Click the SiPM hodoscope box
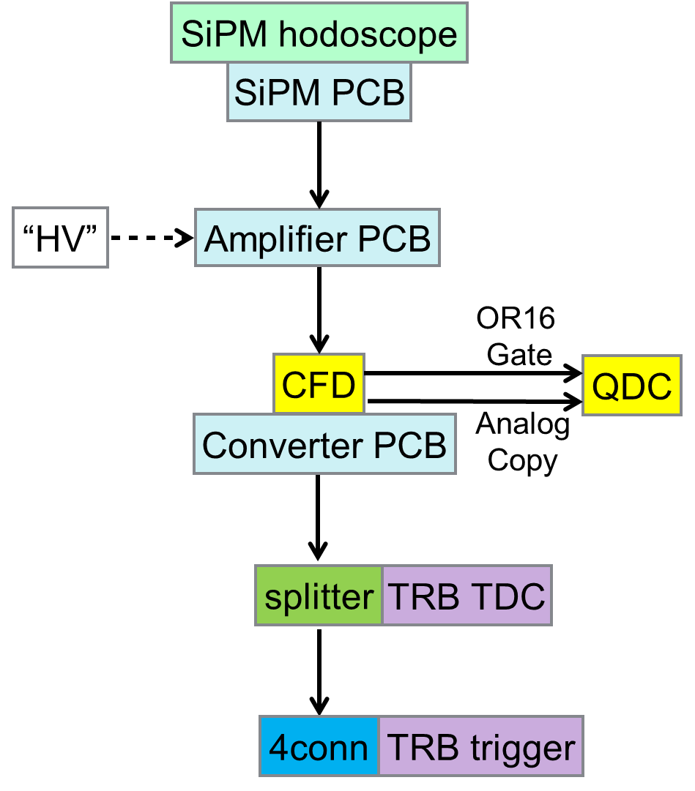tap(319, 33)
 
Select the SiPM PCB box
tap(319, 92)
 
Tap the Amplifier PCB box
tap(317, 239)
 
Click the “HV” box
tap(60, 239)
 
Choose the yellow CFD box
tap(319, 384)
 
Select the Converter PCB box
tap(324, 444)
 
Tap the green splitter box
tap(319, 596)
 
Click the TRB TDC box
tap(466, 596)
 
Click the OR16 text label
tap(516, 319)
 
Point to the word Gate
tap(519, 354)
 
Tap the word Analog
tap(522, 425)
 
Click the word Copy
tap(522, 460)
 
